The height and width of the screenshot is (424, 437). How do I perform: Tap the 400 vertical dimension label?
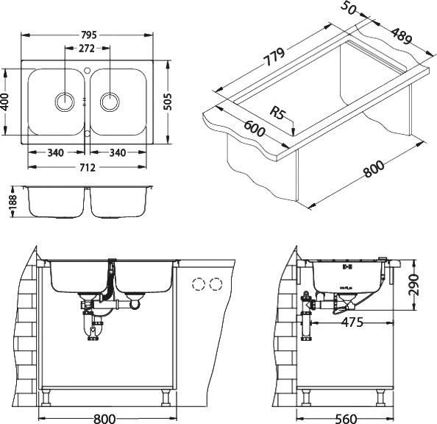(x=6, y=101)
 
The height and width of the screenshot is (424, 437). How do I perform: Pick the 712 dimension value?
(x=88, y=168)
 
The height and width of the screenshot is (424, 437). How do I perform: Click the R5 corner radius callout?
(x=277, y=113)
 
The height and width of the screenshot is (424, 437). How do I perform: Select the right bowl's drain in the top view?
(x=110, y=101)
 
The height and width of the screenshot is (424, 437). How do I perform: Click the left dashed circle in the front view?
(x=198, y=285)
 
